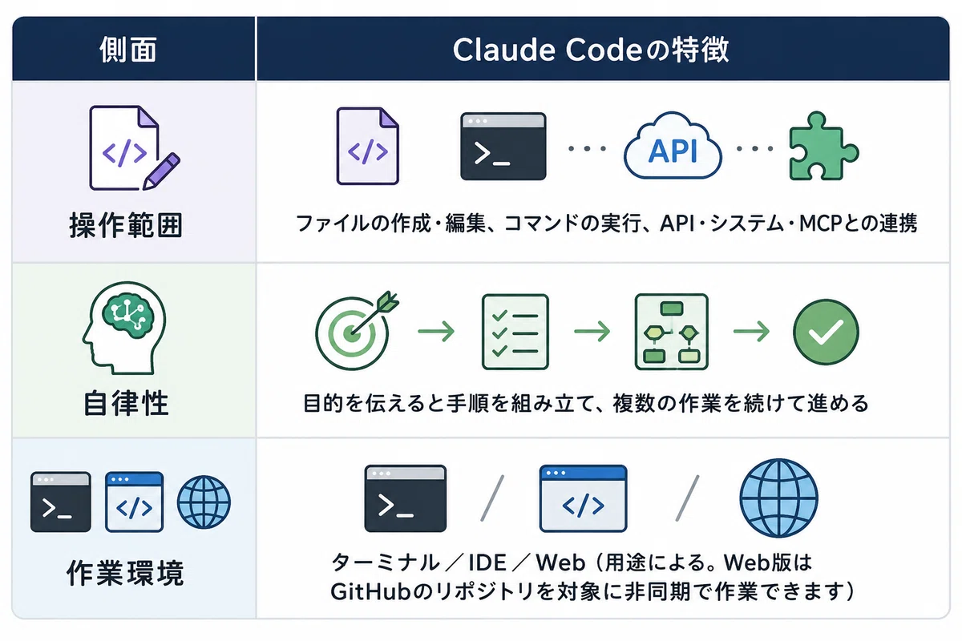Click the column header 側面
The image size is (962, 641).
tap(128, 50)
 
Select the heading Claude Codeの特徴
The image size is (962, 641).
tap(591, 50)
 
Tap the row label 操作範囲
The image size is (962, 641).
tap(126, 225)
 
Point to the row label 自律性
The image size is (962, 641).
tap(126, 403)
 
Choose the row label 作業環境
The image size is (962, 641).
tap(125, 573)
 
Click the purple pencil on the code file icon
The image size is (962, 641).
tap(161, 171)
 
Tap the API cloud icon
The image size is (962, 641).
tap(673, 146)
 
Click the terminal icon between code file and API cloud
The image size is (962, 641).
tap(503, 147)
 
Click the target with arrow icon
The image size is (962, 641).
tap(357, 331)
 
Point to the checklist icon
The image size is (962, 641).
tap(515, 332)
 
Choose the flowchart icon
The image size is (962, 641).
tap(671, 332)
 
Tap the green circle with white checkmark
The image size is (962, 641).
tap(826, 332)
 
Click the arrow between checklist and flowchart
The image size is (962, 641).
tap(592, 332)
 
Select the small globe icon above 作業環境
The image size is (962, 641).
tap(204, 502)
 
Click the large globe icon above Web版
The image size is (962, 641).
tap(778, 498)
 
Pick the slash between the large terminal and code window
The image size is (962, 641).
tap(492, 498)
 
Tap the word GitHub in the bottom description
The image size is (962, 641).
tap(370, 591)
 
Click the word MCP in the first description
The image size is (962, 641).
tap(820, 224)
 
